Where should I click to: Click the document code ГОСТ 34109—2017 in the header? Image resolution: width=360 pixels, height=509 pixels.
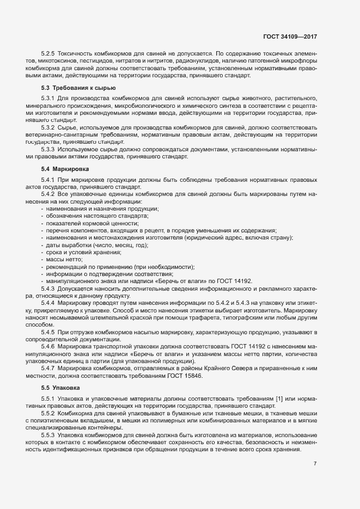(289, 36)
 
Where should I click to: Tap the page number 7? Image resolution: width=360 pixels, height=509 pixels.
(315, 463)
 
